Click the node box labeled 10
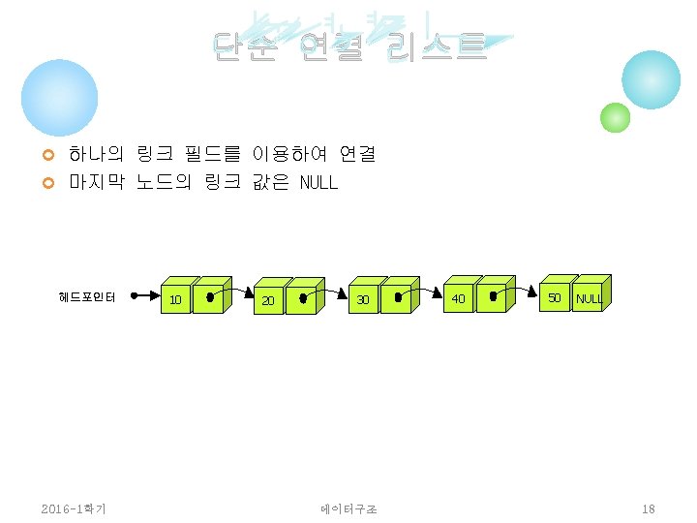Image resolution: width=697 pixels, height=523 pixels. (175, 299)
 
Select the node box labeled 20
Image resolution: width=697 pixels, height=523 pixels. (268, 301)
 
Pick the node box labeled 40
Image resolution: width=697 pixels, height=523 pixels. (458, 298)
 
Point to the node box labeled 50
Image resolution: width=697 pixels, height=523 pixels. (554, 297)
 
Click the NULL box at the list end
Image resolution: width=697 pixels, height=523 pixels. (588, 298)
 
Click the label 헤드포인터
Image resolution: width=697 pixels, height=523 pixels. (87, 297)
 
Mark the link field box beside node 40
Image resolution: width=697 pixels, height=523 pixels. (493, 297)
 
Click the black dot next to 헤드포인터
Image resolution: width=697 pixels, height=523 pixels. (135, 296)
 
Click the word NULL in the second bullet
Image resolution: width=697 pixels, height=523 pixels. (318, 182)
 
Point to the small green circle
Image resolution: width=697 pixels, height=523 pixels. (615, 117)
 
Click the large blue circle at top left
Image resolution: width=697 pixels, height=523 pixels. (60, 98)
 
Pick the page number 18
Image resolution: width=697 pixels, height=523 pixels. (649, 508)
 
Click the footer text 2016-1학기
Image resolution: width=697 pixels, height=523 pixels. (75, 508)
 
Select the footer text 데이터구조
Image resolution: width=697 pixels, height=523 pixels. (348, 508)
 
